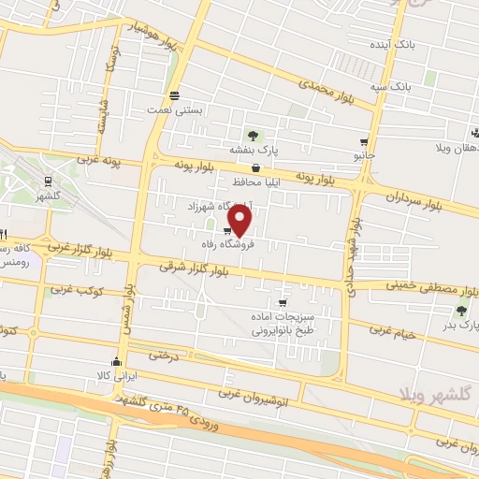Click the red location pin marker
point(240,220)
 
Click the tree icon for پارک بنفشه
point(250,134)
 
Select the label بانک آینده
point(414,44)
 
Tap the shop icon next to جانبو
point(362,143)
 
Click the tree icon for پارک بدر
point(460,311)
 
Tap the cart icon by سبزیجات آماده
point(283,303)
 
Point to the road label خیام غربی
point(392,329)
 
